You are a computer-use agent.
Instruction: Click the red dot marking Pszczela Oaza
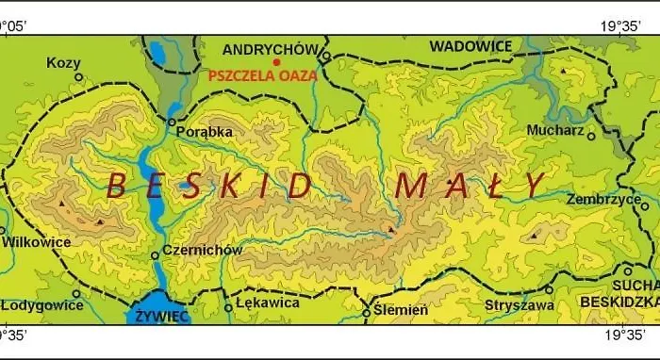click(276, 62)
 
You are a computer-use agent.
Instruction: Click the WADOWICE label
click(470, 45)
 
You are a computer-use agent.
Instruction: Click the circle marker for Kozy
click(78, 77)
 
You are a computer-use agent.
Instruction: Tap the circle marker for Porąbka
click(171, 122)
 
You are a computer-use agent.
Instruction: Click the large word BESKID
click(208, 186)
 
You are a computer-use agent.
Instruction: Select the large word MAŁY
click(470, 185)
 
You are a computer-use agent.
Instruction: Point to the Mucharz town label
click(555, 130)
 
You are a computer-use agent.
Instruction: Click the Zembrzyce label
click(603, 200)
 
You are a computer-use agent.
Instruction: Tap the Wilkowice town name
click(36, 241)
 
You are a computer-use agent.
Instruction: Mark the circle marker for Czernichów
click(155, 255)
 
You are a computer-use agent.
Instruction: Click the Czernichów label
click(203, 251)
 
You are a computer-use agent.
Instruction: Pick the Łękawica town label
click(269, 303)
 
